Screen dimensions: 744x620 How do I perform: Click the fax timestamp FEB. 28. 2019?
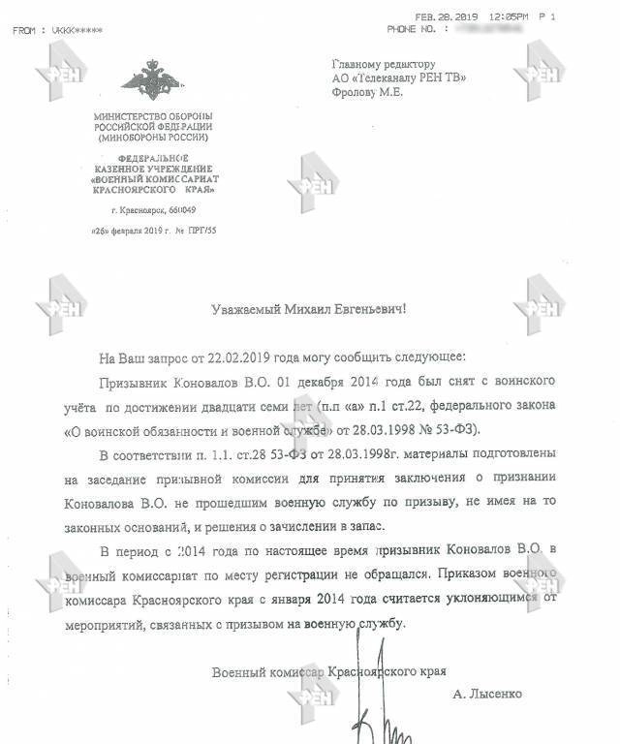click(x=445, y=16)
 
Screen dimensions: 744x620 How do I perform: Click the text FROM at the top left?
click(x=26, y=31)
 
